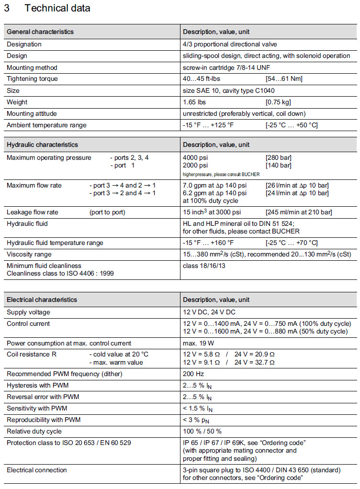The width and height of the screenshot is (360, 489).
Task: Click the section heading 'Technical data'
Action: (57, 8)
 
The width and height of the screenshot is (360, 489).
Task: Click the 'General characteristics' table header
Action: (40, 32)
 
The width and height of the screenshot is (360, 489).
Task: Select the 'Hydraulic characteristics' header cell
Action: (42, 145)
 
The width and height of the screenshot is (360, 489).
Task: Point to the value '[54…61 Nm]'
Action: (283, 79)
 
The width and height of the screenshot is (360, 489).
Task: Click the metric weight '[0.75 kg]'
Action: (278, 102)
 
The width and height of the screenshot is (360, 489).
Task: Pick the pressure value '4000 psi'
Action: (195, 158)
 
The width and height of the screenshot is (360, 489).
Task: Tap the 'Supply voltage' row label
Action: (28, 312)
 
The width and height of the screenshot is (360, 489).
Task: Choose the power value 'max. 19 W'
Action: (199, 343)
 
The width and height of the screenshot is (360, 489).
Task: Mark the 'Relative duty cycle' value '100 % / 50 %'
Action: (202, 431)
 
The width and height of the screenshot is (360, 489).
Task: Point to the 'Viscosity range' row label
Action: (29, 254)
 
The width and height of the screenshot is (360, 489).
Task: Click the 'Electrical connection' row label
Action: (37, 470)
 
